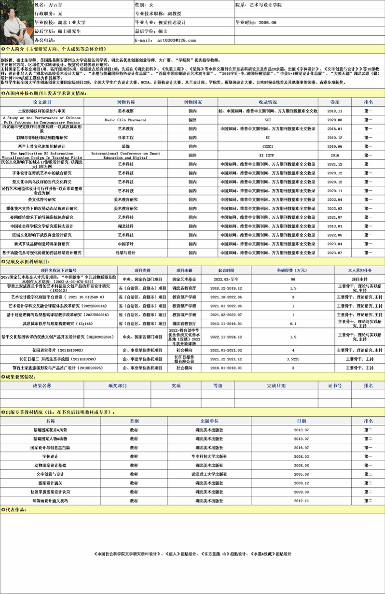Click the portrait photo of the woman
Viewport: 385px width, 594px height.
click(x=16, y=22)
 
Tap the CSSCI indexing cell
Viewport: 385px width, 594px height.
click(x=268, y=146)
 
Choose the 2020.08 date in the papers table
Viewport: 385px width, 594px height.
click(x=334, y=120)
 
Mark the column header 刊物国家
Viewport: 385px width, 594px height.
click(x=192, y=102)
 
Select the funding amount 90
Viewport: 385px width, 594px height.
click(x=293, y=279)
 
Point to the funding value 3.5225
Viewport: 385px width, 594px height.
click(x=293, y=359)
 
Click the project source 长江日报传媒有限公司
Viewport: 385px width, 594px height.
click(x=184, y=359)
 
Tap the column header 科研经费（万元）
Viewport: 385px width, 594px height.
click(x=293, y=270)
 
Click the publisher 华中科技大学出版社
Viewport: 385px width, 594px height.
click(x=209, y=456)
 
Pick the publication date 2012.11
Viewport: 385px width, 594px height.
click(x=301, y=501)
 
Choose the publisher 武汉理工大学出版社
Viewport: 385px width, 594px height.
click(x=209, y=474)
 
